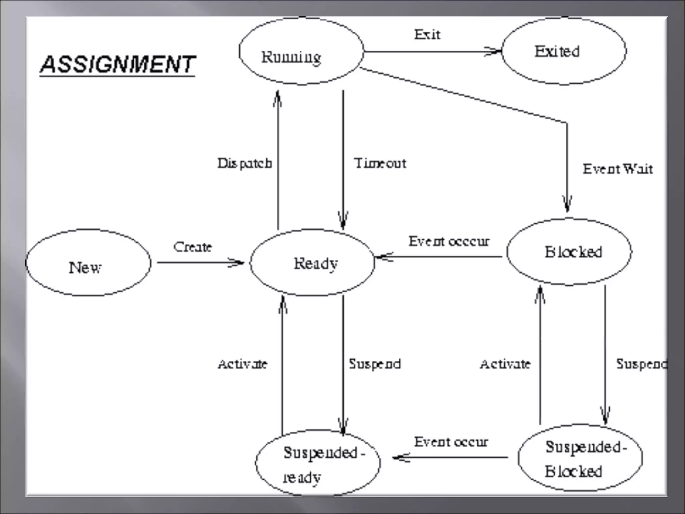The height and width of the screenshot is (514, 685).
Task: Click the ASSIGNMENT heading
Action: coord(117,64)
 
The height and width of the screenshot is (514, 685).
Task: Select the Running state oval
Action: coord(301,52)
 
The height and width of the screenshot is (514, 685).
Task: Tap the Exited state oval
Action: coord(564,51)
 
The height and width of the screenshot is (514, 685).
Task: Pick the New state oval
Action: coord(88,263)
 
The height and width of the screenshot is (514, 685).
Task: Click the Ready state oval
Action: coord(312,263)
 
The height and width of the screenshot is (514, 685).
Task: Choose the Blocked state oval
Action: coord(569,252)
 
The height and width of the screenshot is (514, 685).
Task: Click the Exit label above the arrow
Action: coord(427,34)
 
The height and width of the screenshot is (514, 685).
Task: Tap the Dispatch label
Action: coord(244,163)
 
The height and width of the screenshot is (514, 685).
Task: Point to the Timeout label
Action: coord(380,163)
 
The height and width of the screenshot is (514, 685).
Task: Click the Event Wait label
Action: coord(618,169)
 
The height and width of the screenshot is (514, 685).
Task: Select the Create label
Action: coord(193,247)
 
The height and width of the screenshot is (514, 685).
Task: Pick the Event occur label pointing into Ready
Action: coord(449,241)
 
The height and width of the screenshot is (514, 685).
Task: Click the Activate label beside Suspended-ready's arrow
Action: coord(242,364)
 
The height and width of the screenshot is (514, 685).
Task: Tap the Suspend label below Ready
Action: coord(375,364)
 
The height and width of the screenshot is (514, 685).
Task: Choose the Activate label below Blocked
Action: coord(505,364)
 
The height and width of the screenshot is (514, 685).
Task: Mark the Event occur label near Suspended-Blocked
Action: coord(451,442)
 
